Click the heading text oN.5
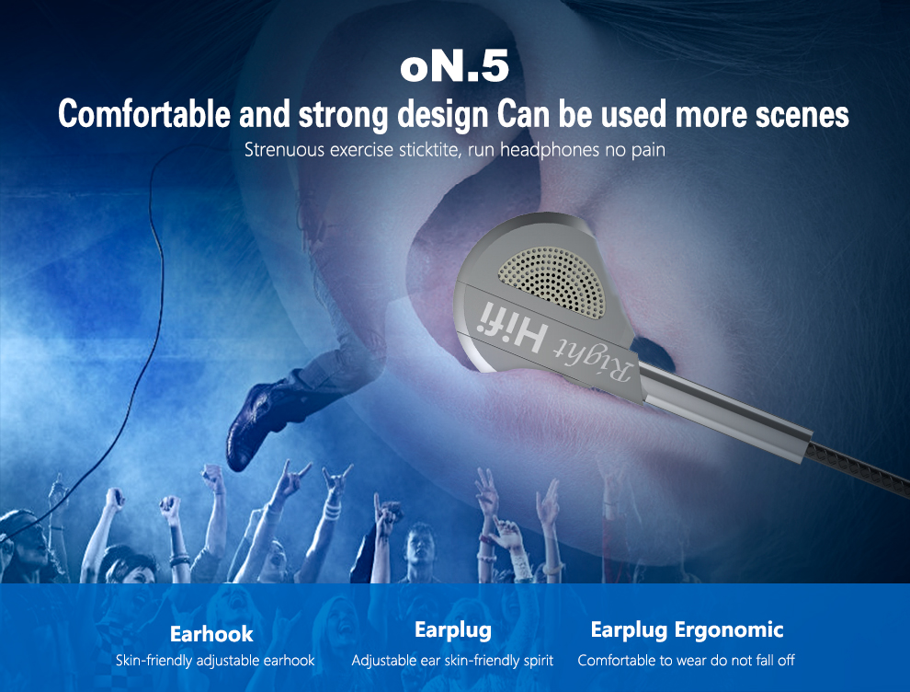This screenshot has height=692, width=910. click(454, 68)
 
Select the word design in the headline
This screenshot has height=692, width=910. click(441, 115)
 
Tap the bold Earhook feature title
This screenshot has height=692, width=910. click(211, 634)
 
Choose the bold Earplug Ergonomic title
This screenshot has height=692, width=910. click(687, 630)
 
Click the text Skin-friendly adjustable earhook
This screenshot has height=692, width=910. click(215, 661)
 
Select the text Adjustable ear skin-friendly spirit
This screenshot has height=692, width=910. click(452, 661)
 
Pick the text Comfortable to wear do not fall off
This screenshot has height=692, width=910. click(686, 661)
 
